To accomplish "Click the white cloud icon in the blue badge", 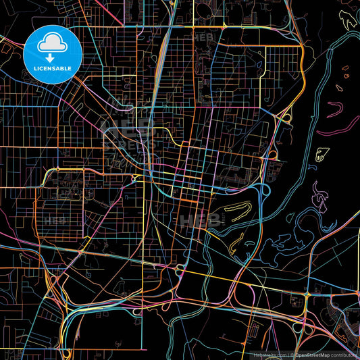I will pos(53,45).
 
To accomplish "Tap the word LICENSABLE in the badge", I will pos(53,68).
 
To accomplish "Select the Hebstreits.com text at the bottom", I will pos(269,354).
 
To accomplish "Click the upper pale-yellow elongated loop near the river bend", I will pos(233,213).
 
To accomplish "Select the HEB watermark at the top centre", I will pos(202,37).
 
